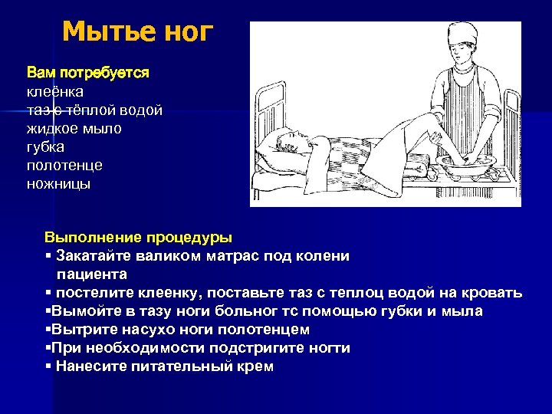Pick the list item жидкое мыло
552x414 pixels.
pyautogui.click(x=74, y=129)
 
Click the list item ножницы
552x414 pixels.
pyautogui.click(x=58, y=184)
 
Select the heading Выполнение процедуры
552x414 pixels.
pyautogui.click(x=138, y=238)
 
